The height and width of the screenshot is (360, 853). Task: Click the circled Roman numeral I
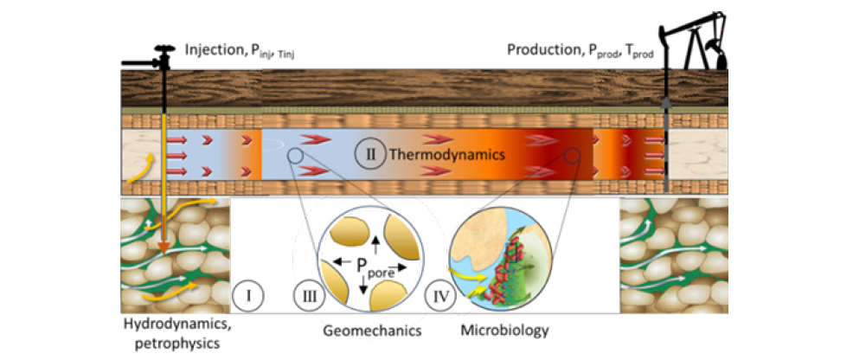click(248, 296)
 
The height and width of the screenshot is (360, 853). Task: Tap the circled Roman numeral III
click(307, 296)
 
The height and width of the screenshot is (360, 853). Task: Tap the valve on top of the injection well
click(161, 55)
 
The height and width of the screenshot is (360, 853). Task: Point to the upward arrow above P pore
click(375, 243)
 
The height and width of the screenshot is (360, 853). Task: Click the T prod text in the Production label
click(638, 51)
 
